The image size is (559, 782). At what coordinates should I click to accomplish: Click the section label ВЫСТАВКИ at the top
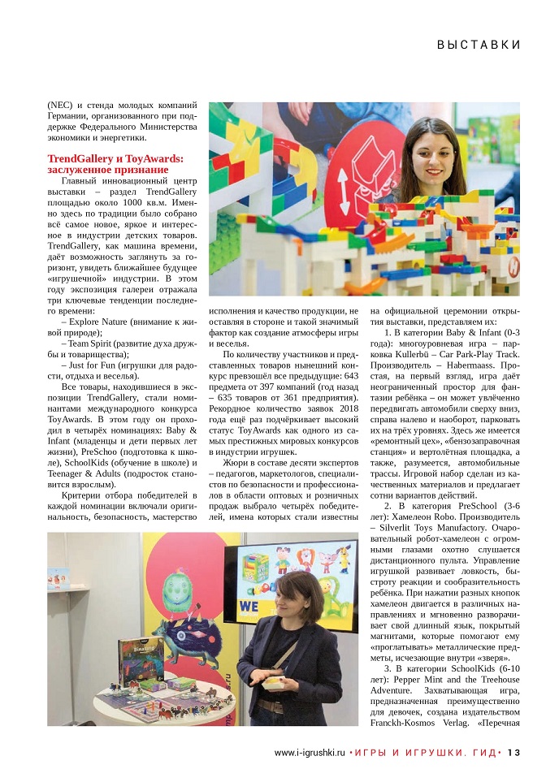click(478, 44)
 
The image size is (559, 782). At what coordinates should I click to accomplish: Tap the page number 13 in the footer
click(513, 752)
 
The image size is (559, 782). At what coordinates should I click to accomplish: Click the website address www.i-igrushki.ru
click(310, 752)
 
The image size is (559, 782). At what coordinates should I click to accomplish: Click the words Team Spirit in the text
click(95, 343)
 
